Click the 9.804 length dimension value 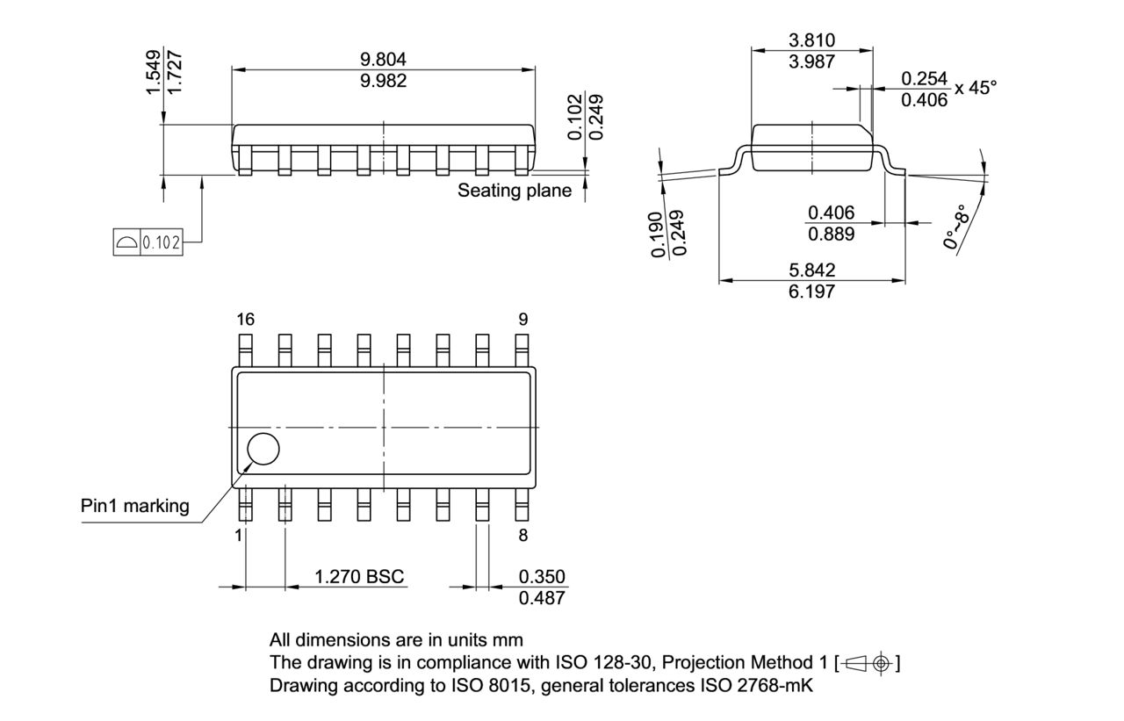pos(384,59)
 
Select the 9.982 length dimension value pos(384,81)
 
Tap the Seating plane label pos(514,191)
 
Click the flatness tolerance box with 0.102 pos(148,242)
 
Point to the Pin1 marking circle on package pos(263,449)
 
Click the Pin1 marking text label pos(134,506)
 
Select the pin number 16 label pos(245,320)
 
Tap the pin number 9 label pos(523,320)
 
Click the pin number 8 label pos(523,535)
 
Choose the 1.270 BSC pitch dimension pos(359,577)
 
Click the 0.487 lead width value pos(542,598)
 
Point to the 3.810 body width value pos(811,40)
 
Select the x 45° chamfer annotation pos(976,88)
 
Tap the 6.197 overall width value pos(811,291)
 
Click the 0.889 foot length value pos(831,234)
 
